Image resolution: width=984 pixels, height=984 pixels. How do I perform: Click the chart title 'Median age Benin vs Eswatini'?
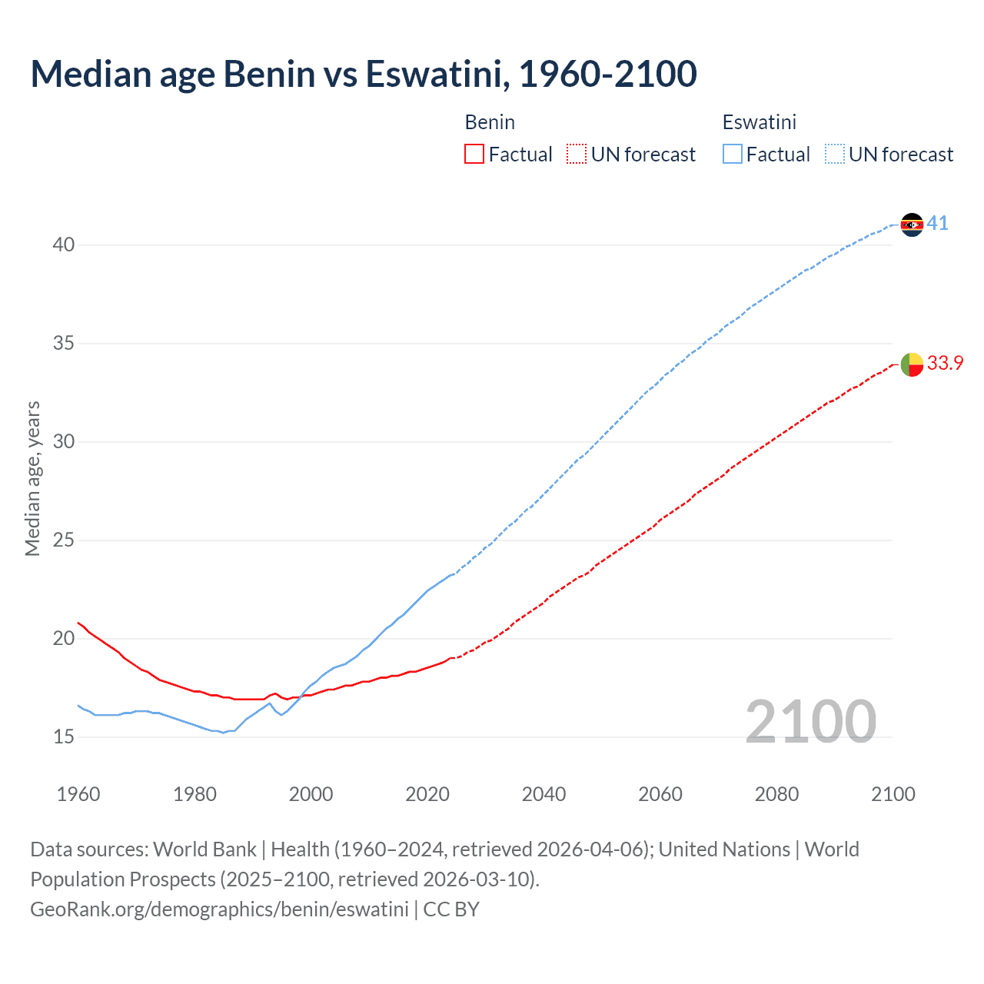pyautogui.click(x=364, y=74)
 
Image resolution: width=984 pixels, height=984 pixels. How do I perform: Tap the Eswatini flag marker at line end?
pyautogui.click(x=912, y=224)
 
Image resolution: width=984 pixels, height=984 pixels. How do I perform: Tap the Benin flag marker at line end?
pyautogui.click(x=912, y=364)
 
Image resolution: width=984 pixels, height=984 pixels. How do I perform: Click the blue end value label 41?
pyautogui.click(x=937, y=224)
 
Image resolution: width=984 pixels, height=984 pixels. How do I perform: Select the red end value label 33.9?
pyautogui.click(x=945, y=364)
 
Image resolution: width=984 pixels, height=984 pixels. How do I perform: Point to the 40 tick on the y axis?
pyautogui.click(x=64, y=245)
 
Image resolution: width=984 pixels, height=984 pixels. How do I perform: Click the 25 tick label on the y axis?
pyautogui.click(x=64, y=540)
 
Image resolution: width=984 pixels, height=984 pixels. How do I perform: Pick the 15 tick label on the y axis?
pyautogui.click(x=64, y=737)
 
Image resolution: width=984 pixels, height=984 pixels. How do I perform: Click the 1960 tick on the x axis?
pyautogui.click(x=78, y=794)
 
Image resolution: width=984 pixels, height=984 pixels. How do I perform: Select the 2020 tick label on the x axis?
pyautogui.click(x=427, y=794)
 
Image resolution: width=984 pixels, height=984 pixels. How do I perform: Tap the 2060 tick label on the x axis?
pyautogui.click(x=660, y=794)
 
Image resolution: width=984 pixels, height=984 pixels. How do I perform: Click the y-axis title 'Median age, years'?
pyautogui.click(x=32, y=478)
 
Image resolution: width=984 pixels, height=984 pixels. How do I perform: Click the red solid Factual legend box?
pyautogui.click(x=474, y=155)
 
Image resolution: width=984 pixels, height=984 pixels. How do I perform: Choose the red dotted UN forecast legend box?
pyautogui.click(x=577, y=155)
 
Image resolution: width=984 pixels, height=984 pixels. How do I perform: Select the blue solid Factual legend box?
pyautogui.click(x=733, y=155)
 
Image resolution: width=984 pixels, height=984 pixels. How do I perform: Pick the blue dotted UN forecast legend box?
pyautogui.click(x=835, y=155)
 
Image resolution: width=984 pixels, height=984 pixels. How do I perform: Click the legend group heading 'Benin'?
pyautogui.click(x=490, y=122)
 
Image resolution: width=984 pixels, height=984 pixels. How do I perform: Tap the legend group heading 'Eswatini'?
pyautogui.click(x=759, y=122)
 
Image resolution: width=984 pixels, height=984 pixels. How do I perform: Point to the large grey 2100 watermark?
pyautogui.click(x=810, y=722)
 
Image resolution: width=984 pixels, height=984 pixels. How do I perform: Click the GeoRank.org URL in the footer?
pyautogui.click(x=219, y=909)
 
